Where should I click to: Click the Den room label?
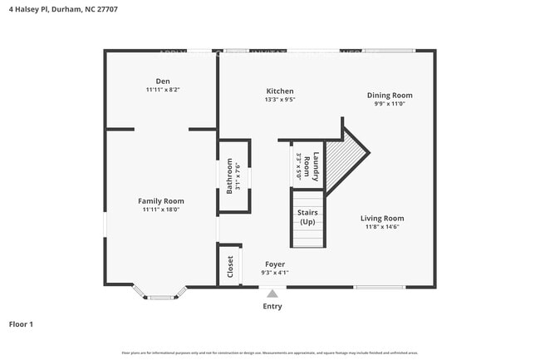162,81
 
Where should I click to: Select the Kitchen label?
279,91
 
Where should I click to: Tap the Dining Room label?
390,95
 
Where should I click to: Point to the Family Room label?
161,201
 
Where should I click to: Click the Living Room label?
382,219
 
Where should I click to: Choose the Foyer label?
274,264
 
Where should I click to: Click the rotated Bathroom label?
230,175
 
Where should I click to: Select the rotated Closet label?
230,267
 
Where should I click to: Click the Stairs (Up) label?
307,217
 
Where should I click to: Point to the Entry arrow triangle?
272,293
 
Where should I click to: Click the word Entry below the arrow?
272,306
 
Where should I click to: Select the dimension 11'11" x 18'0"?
162,210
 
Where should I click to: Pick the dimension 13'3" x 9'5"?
279,100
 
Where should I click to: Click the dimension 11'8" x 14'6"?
382,227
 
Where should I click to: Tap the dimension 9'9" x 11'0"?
390,104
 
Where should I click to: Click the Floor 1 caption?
21,323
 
